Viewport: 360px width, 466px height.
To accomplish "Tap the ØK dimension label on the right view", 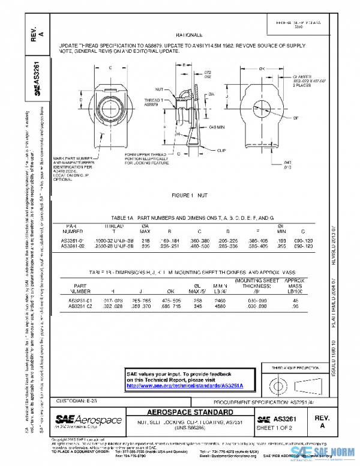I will [x=262, y=70].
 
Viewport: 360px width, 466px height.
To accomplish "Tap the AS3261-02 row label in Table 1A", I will [x=74, y=246].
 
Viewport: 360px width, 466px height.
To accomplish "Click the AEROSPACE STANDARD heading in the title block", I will [x=190, y=413].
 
